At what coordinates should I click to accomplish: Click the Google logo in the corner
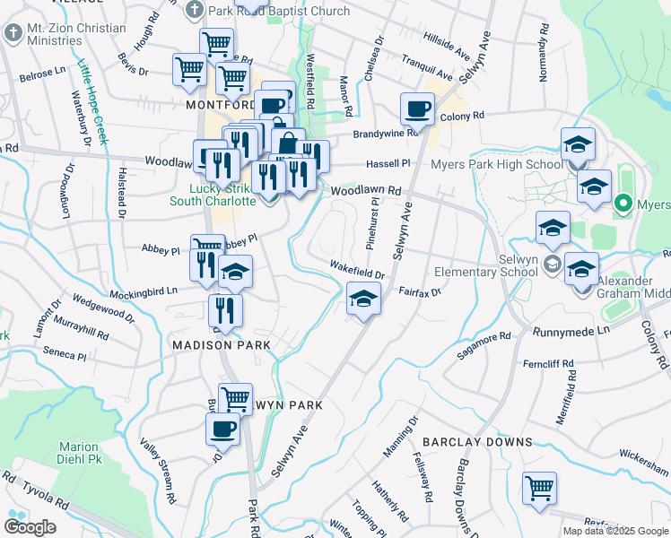click(30, 527)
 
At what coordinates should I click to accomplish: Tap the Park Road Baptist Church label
click(278, 12)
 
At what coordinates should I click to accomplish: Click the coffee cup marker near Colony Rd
click(417, 110)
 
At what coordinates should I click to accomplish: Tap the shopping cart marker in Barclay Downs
click(539, 490)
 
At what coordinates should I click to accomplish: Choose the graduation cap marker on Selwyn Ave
click(363, 299)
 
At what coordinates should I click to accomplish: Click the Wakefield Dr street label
click(357, 267)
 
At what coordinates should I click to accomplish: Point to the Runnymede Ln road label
click(571, 331)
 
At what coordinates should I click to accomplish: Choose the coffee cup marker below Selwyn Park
click(223, 429)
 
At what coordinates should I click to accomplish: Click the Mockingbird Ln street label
click(144, 291)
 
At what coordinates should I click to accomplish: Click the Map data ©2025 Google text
click(616, 531)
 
